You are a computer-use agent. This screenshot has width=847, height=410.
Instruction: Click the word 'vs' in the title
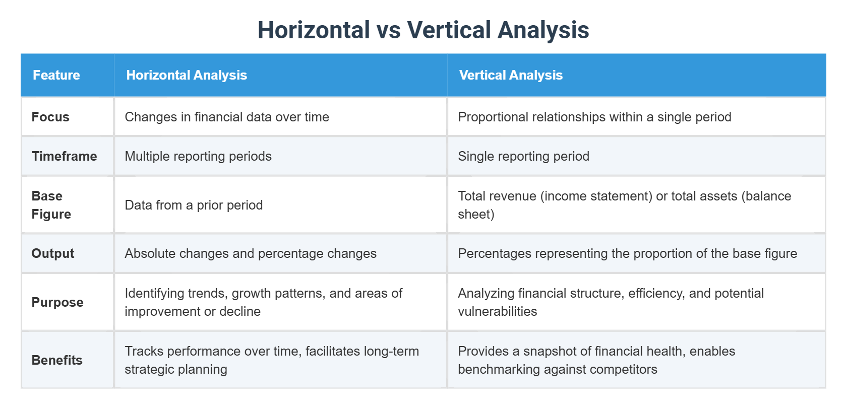pyautogui.click(x=388, y=30)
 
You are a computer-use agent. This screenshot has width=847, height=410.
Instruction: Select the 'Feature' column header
pyautogui.click(x=56, y=75)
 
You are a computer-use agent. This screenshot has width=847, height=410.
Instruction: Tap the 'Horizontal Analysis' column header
pyautogui.click(x=187, y=75)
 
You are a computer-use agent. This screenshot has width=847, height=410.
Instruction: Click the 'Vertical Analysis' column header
pyautogui.click(x=511, y=75)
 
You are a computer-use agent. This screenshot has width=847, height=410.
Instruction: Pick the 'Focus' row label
pyautogui.click(x=50, y=117)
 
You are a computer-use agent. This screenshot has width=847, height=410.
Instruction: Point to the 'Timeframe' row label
pyautogui.click(x=64, y=156)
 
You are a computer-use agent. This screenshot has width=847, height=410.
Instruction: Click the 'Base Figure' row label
pyautogui.click(x=51, y=205)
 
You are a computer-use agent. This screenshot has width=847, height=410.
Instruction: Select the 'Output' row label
pyautogui.click(x=53, y=253)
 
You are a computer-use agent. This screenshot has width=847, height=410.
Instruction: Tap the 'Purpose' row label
pyautogui.click(x=57, y=302)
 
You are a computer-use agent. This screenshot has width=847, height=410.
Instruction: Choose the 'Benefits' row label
pyautogui.click(x=57, y=360)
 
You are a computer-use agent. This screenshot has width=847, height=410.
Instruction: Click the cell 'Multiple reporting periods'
pyautogui.click(x=198, y=156)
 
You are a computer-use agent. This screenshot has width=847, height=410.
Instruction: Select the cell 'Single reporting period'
pyautogui.click(x=523, y=156)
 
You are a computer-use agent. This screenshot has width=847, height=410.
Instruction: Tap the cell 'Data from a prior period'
pyautogui.click(x=194, y=205)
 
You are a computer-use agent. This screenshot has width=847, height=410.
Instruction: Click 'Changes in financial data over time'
pyautogui.click(x=227, y=117)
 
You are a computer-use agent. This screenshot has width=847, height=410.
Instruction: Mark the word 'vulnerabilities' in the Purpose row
pyautogui.click(x=497, y=311)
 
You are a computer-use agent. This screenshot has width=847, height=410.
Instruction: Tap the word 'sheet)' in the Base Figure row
pyautogui.click(x=476, y=214)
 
